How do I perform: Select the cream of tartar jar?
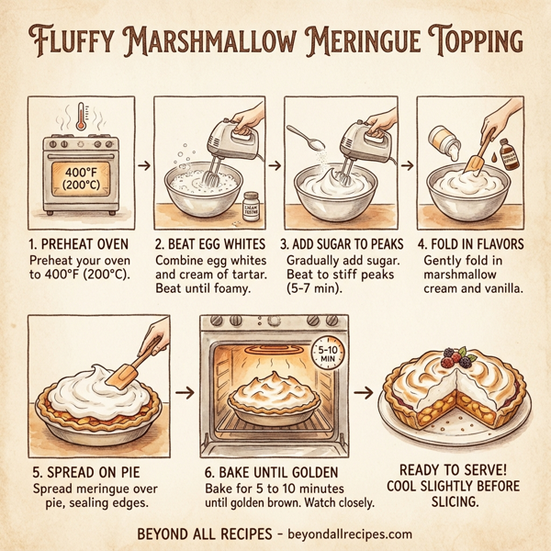(x=251, y=206)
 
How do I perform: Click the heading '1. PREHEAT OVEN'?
(x=80, y=244)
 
